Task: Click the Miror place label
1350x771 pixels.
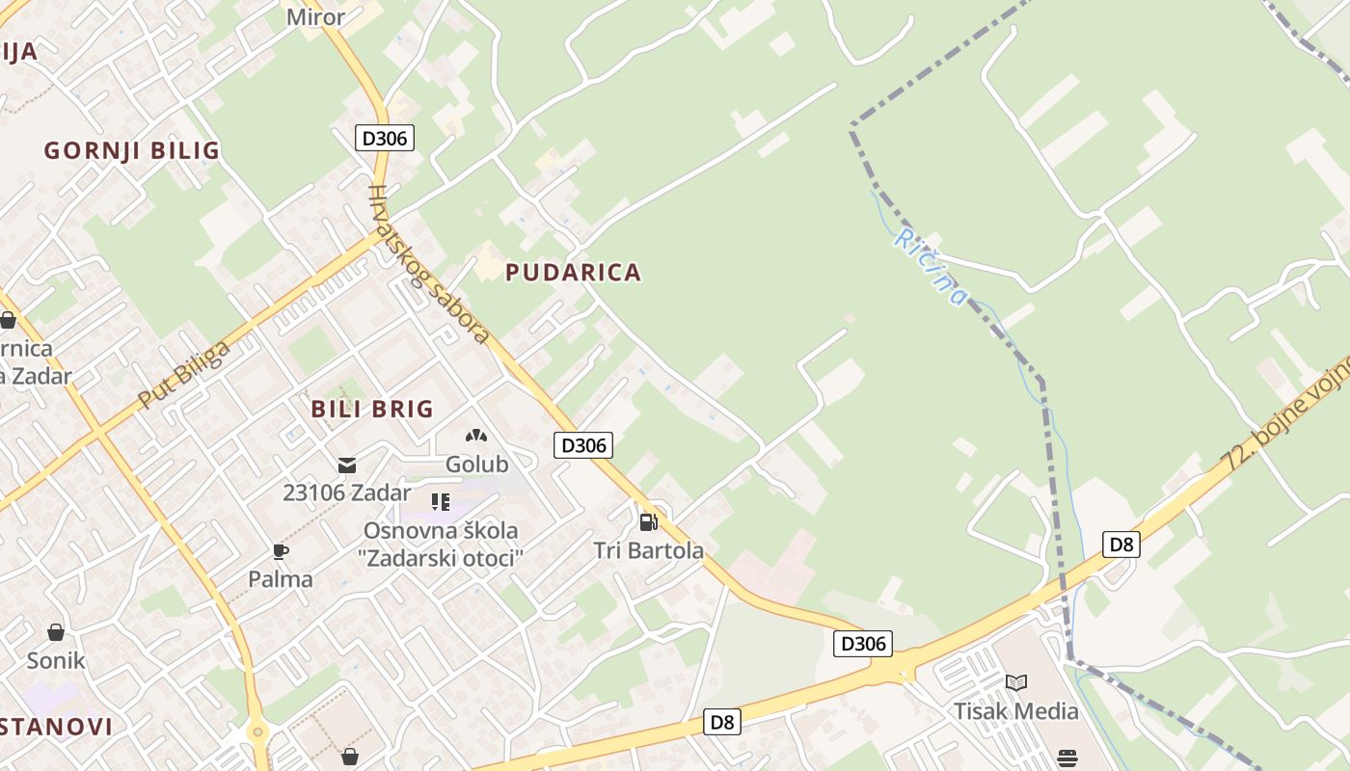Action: click(x=315, y=16)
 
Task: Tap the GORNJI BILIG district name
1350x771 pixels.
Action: click(x=132, y=150)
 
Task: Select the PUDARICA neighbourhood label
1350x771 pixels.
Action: click(x=573, y=272)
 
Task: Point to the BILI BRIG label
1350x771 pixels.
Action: click(x=372, y=409)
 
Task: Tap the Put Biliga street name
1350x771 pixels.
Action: click(x=183, y=374)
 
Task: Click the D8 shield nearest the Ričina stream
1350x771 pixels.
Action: click(x=1120, y=545)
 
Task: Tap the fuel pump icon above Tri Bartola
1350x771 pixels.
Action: click(x=649, y=521)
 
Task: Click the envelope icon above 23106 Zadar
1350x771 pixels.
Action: click(x=346, y=465)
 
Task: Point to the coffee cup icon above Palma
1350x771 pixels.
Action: click(x=281, y=551)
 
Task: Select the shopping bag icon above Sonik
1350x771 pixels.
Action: click(x=56, y=632)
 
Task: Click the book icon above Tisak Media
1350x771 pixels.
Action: click(x=1015, y=682)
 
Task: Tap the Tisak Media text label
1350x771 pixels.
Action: click(x=1015, y=711)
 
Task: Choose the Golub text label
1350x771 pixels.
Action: click(x=476, y=465)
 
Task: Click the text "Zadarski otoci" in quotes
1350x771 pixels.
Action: click(x=443, y=558)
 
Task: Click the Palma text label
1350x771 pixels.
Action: click(x=281, y=579)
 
